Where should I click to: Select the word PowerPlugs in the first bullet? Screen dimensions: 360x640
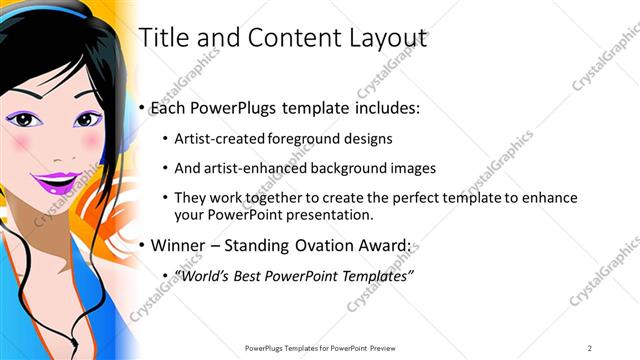pyautogui.click(x=236, y=107)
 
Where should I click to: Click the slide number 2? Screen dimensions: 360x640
pyautogui.click(x=590, y=347)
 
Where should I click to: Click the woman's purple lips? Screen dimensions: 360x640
pyautogui.click(x=59, y=182)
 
